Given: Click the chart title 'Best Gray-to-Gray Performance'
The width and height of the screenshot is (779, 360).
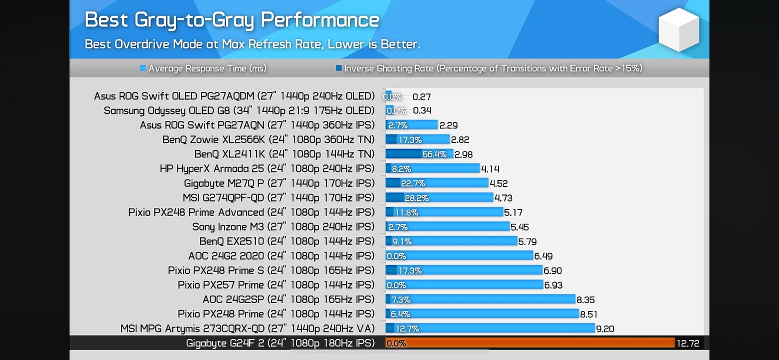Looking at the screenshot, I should coord(232,20).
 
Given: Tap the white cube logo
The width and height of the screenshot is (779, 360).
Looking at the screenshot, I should coord(678,30).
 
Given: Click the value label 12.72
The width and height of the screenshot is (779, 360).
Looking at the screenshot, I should coord(688,343).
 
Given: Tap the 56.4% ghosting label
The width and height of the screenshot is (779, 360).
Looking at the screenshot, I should coord(434,154).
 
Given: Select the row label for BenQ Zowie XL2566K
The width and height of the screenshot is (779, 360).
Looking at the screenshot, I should coord(268,140).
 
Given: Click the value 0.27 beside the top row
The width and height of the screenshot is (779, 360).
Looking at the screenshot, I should coord(421,97).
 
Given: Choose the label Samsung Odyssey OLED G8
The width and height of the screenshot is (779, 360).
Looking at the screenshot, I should coord(239,110).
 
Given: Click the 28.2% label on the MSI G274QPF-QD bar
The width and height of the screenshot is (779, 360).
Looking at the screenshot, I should coord(416,198).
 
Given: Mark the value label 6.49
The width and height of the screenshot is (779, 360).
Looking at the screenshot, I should coord(543,256).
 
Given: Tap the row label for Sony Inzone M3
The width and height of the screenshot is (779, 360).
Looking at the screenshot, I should coord(283,227).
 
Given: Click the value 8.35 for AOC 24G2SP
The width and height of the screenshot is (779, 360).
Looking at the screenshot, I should coord(585,300).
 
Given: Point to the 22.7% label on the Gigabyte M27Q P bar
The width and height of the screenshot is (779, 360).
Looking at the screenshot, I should coord(413,183).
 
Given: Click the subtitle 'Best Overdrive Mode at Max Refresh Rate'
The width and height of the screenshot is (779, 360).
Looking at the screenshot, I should coord(252,44).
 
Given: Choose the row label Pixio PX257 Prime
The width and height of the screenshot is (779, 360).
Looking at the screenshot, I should coord(276,285).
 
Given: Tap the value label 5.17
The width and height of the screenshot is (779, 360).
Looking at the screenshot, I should coord(513,213).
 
